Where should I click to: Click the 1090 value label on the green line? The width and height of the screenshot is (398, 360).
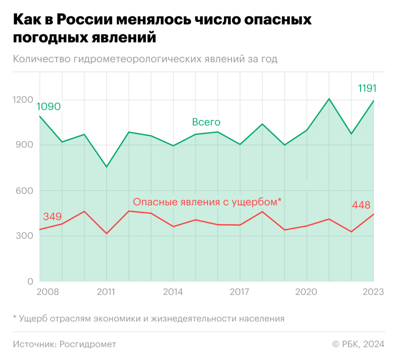49,107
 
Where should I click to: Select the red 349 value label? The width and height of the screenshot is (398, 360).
52,217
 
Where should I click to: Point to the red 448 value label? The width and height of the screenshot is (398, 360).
361,205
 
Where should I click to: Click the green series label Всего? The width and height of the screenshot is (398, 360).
206,122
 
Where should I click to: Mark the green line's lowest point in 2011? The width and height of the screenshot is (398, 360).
106,167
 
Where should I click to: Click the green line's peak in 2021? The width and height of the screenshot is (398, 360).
329,99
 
